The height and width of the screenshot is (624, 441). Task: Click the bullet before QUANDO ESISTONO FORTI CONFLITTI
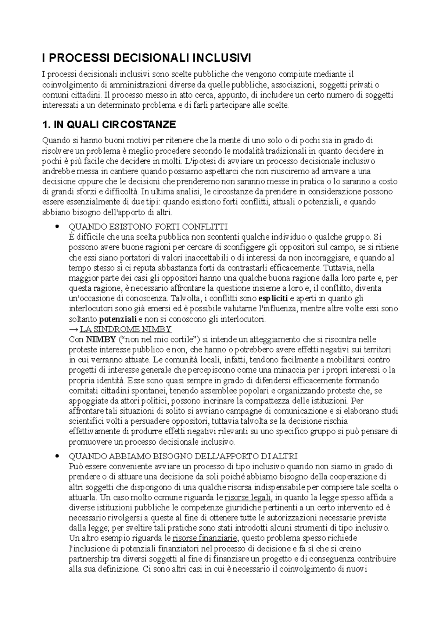(x=56, y=226)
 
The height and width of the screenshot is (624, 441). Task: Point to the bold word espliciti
(x=273, y=298)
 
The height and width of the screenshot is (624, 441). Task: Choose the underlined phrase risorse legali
(x=248, y=498)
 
